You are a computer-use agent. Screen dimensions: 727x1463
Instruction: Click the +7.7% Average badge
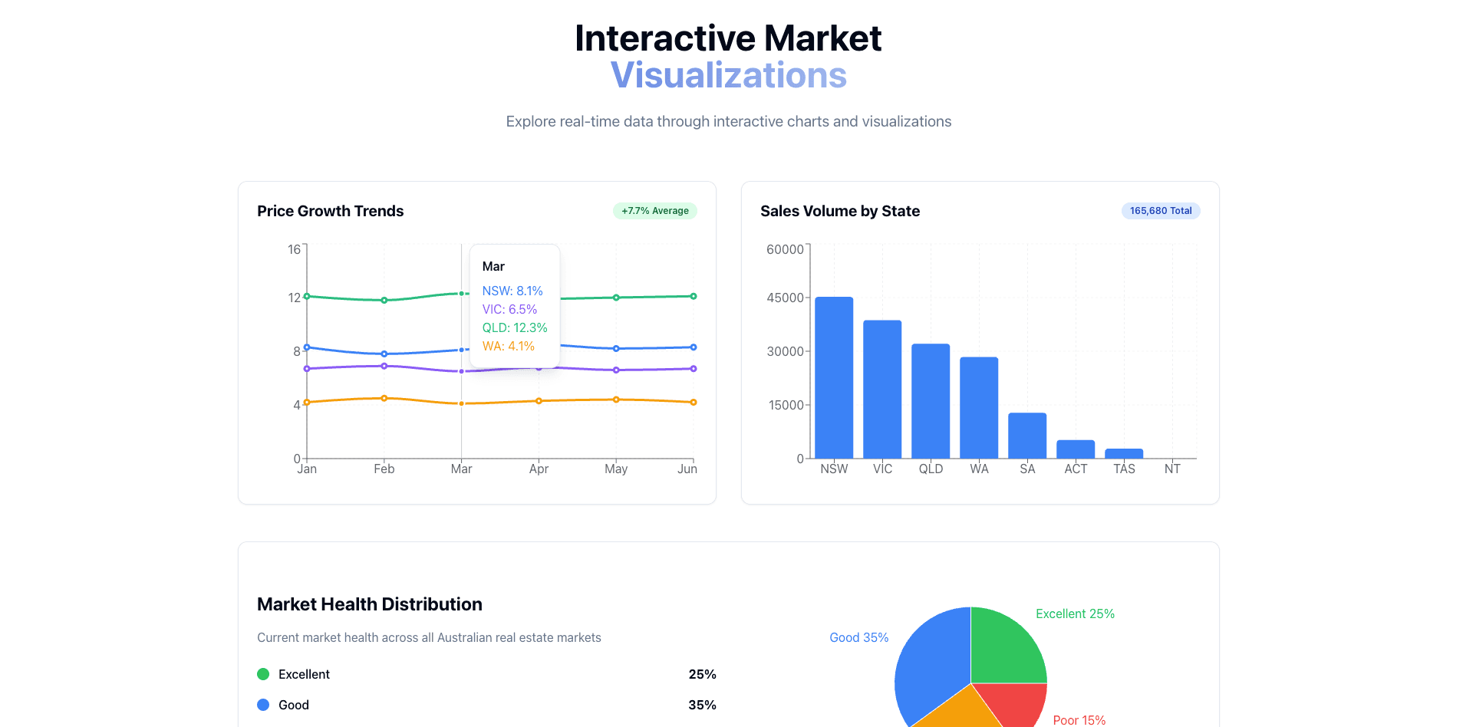(654, 211)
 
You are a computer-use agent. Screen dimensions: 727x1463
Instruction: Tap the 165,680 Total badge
(1160, 211)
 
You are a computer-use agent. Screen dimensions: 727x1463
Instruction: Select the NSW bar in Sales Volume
(833, 377)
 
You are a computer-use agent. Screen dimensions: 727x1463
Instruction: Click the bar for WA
(978, 407)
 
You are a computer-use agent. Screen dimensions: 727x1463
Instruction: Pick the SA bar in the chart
(1026, 436)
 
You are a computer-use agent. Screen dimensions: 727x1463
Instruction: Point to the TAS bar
(1123, 453)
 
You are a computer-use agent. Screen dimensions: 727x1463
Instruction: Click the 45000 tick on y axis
(785, 298)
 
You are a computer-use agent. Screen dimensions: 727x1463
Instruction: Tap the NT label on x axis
(1171, 469)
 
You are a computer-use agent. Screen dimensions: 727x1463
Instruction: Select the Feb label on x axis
(384, 469)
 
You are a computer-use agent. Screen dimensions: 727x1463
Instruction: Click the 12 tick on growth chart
(295, 298)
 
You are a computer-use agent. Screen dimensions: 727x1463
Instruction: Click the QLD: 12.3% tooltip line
(514, 327)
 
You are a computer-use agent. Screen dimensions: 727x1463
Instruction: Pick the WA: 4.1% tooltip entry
(508, 346)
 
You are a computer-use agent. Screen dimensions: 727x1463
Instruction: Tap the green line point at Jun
(693, 296)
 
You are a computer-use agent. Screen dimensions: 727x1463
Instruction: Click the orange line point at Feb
(384, 398)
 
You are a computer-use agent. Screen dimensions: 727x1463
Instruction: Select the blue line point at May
(615, 348)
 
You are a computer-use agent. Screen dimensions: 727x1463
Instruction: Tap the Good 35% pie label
(858, 637)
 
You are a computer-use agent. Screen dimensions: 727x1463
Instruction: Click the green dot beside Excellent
(263, 674)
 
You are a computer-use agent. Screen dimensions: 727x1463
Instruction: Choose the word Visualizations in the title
(728, 75)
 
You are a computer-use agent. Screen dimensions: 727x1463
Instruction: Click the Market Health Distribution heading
(369, 604)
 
